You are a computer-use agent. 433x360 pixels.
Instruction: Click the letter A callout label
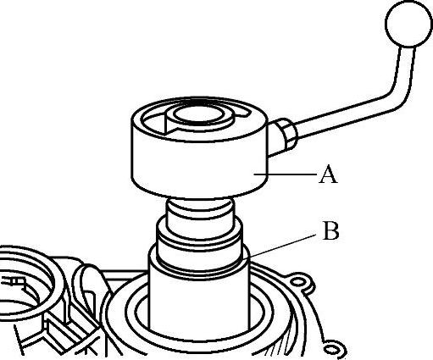click(x=328, y=174)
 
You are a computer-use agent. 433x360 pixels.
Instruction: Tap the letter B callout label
click(x=330, y=230)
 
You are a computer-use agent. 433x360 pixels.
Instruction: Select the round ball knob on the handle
click(x=408, y=24)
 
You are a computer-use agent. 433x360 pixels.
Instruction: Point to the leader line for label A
click(x=285, y=174)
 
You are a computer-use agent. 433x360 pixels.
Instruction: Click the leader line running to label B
click(x=281, y=246)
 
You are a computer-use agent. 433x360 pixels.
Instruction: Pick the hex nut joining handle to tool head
click(x=286, y=134)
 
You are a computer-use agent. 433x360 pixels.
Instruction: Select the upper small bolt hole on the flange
click(x=297, y=282)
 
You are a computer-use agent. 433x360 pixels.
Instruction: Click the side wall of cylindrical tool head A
click(x=199, y=167)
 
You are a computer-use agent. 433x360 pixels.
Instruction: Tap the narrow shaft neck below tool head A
click(x=200, y=210)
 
